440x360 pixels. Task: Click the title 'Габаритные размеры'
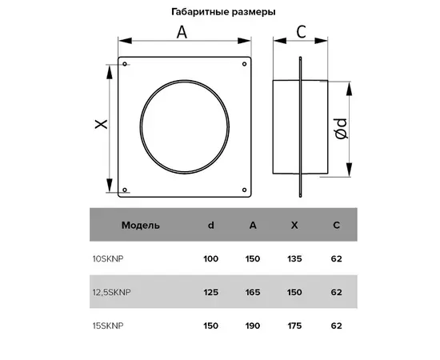[x=223, y=12]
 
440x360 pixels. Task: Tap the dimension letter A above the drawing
[x=182, y=32]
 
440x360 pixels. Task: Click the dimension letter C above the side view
[x=301, y=32]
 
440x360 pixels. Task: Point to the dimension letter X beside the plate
[x=101, y=124]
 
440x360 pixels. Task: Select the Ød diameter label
[x=342, y=129]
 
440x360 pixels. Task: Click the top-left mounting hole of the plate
[x=125, y=64]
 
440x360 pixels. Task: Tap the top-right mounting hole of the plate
[x=245, y=64]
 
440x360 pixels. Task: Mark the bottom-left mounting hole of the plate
[x=125, y=190]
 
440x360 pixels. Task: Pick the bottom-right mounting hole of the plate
[x=245, y=190]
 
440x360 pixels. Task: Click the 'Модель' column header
[x=141, y=226]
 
